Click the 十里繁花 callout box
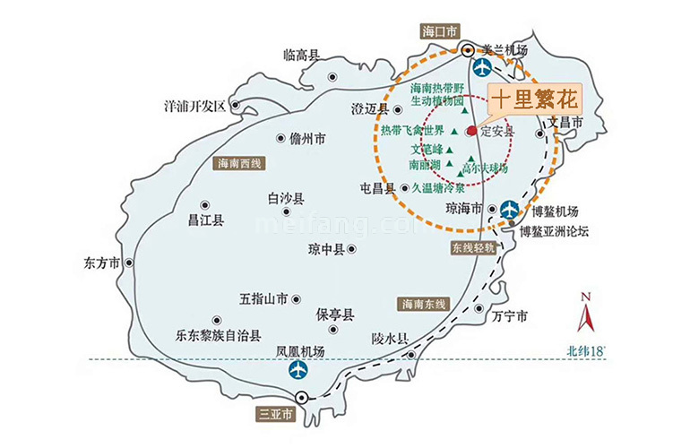533,98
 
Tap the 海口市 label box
438,30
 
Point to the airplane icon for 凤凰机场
297,368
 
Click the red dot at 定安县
472,131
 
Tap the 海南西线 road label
237,164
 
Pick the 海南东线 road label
425,304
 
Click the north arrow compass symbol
585,313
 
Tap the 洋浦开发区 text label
194,106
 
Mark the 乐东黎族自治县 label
218,337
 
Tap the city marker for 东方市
128,263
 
